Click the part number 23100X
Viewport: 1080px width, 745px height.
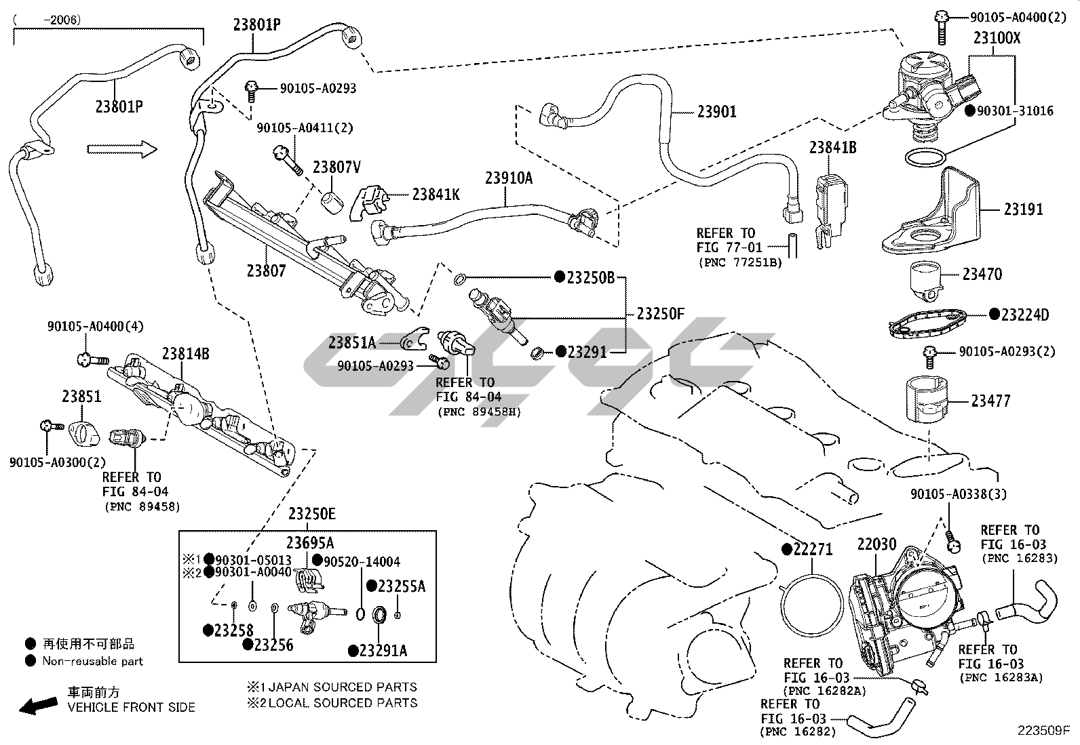[997, 38]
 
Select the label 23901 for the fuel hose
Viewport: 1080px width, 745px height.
[716, 112]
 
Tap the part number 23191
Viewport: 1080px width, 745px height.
[1024, 209]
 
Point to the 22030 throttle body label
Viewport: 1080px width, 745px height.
[876, 544]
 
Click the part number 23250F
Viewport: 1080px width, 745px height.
[661, 314]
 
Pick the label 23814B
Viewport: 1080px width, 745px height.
[185, 354]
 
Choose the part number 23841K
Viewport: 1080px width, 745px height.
[436, 195]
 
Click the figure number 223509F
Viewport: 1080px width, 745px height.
[1043, 731]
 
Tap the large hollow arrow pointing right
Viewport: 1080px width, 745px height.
[121, 150]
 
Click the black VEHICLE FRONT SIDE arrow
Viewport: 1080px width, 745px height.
[38, 706]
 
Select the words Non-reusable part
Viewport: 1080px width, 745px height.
[93, 661]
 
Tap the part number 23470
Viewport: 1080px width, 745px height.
[982, 275]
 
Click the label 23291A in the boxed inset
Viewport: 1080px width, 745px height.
[383, 651]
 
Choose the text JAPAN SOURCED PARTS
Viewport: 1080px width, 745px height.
[343, 687]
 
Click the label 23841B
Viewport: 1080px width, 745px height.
[832, 148]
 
